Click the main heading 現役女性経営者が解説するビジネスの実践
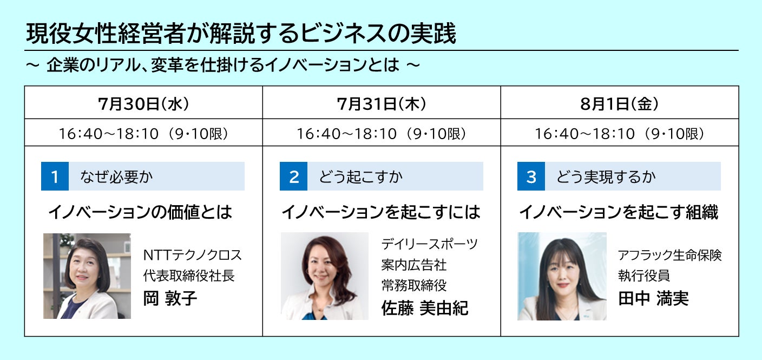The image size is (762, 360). (241, 34)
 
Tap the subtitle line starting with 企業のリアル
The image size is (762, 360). (223, 64)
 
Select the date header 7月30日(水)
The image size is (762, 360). (143, 104)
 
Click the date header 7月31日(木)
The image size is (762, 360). (382, 104)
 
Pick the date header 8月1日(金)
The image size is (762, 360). (620, 104)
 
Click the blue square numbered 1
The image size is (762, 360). (55, 176)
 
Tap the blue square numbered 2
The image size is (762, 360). (293, 176)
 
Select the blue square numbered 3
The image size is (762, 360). (531, 176)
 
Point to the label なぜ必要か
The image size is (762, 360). (116, 176)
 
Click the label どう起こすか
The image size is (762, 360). (360, 176)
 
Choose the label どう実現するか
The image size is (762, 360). (606, 176)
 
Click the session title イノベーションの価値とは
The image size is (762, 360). (140, 212)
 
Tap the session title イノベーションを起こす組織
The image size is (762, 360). (619, 212)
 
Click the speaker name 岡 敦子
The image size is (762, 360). (170, 298)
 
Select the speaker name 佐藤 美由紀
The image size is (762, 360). (424, 308)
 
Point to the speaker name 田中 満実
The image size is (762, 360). (653, 298)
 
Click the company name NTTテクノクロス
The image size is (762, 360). (192, 255)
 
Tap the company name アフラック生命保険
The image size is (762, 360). (669, 255)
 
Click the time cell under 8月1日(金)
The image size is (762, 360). (620, 133)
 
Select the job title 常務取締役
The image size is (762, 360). (414, 285)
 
